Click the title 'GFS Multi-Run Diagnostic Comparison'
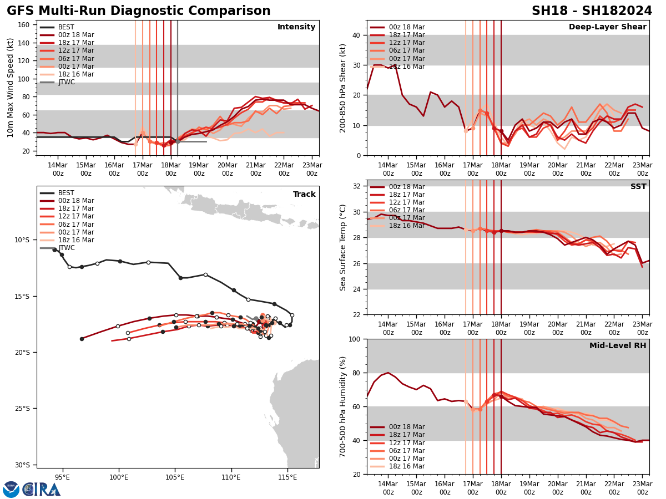point(139,11)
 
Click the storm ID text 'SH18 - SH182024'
point(592,11)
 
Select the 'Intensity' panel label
point(296,27)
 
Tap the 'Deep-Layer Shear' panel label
point(607,27)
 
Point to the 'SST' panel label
point(638,187)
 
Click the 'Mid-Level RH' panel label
point(618,346)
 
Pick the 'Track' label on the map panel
point(304,195)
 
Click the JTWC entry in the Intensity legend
point(66,82)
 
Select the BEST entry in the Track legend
point(66,193)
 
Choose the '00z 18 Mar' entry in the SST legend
point(406,187)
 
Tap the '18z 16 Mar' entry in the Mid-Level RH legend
point(406,466)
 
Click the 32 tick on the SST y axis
point(358,186)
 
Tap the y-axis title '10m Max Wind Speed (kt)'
point(11,88)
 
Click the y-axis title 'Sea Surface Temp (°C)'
point(343,247)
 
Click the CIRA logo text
point(42,489)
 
